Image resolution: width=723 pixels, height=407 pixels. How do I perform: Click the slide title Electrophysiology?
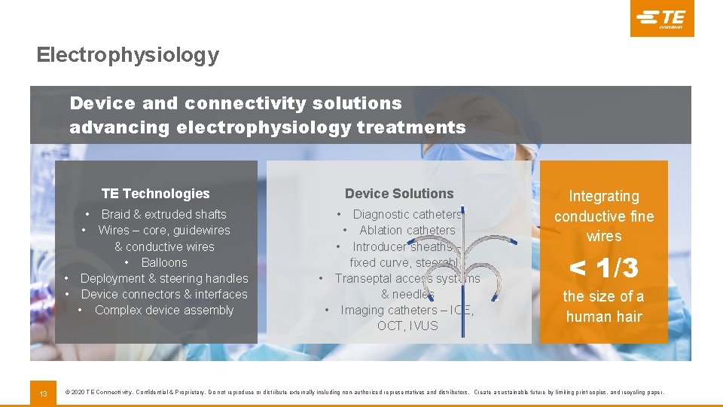point(127,55)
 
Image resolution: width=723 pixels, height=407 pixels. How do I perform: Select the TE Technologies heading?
point(155,194)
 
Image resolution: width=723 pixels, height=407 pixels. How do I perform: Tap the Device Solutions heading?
point(399,194)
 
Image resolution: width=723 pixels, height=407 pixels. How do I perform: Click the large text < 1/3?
point(603,268)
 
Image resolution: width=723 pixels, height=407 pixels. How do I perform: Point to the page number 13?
point(43,393)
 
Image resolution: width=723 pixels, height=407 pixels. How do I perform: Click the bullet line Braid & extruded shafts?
point(163,215)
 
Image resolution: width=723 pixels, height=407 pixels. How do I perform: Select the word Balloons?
point(164,262)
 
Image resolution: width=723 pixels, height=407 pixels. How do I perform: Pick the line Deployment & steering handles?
point(163,278)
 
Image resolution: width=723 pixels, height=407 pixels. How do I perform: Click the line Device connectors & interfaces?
point(163,294)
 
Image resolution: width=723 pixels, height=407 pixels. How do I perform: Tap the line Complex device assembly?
point(164,310)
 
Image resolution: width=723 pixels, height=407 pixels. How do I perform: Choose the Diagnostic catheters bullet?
point(407,215)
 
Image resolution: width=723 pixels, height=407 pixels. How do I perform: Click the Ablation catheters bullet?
point(407,231)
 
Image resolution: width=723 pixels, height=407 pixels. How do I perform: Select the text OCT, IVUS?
point(407,326)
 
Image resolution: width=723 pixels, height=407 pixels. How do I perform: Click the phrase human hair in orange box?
point(604,317)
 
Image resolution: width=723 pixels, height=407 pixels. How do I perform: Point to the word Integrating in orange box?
point(603,197)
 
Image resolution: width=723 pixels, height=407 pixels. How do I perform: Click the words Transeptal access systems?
point(407,278)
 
